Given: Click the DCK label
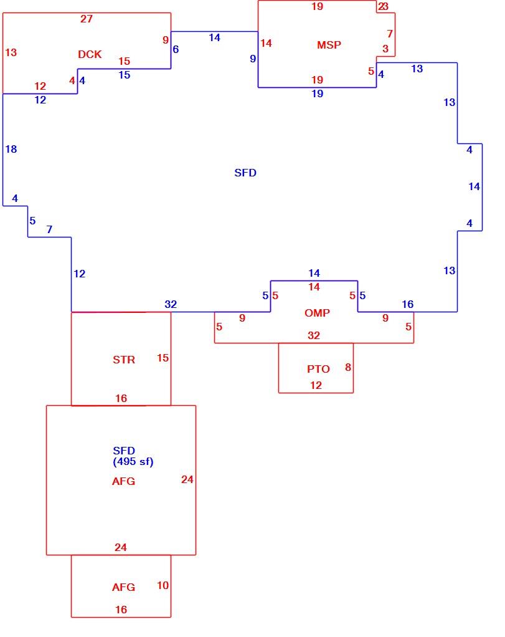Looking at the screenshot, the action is pyautogui.click(x=90, y=54).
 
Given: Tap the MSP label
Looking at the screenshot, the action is pyautogui.click(x=329, y=45).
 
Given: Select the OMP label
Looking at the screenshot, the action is pyautogui.click(x=317, y=313).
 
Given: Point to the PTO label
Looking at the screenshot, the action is pyautogui.click(x=318, y=369).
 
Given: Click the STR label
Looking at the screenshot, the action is pyautogui.click(x=124, y=360).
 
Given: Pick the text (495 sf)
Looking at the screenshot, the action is pyautogui.click(x=133, y=461).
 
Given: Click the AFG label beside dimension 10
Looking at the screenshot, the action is pyautogui.click(x=123, y=587).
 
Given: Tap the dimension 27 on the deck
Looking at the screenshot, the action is pyautogui.click(x=87, y=19).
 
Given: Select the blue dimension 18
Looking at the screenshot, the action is pyautogui.click(x=11, y=149).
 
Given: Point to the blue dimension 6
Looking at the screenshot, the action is pyautogui.click(x=176, y=49).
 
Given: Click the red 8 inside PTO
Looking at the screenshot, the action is pyautogui.click(x=348, y=367).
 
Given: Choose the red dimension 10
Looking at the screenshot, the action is pyautogui.click(x=163, y=585).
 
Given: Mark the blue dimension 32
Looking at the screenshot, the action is pyautogui.click(x=171, y=304).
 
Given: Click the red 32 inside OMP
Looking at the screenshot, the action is pyautogui.click(x=314, y=335).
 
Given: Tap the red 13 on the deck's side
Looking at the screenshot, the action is pyautogui.click(x=11, y=52).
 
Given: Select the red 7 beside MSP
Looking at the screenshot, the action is pyautogui.click(x=390, y=34).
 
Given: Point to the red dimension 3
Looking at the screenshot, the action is pyautogui.click(x=385, y=49).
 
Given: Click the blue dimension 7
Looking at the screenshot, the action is pyautogui.click(x=50, y=229).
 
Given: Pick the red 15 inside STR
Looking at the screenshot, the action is pyautogui.click(x=163, y=358).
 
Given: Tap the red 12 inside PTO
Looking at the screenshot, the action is pyautogui.click(x=316, y=385).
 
